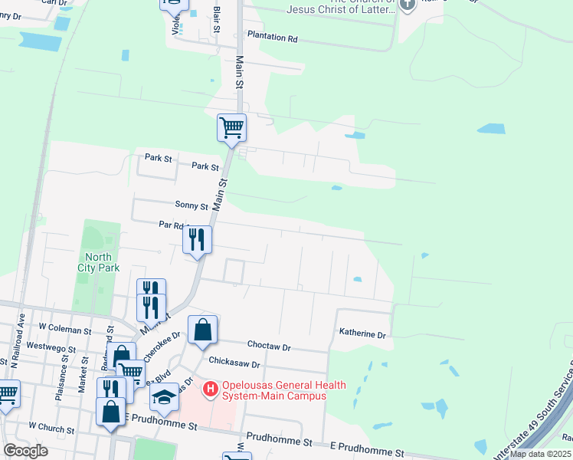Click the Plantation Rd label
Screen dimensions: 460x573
271,38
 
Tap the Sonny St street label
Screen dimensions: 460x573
192,205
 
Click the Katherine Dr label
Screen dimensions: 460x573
362,334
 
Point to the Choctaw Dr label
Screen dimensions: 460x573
269,347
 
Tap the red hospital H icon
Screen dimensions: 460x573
211,389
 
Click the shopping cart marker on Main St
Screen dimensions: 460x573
231,127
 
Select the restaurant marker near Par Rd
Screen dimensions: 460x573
198,240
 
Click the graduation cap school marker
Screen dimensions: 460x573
164,397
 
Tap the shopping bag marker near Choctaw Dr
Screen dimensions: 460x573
202,330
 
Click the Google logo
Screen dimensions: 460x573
25,450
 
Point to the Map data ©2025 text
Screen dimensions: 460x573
540,454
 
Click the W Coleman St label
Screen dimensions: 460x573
65,328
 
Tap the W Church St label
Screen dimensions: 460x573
54,425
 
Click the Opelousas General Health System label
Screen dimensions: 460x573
283,390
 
